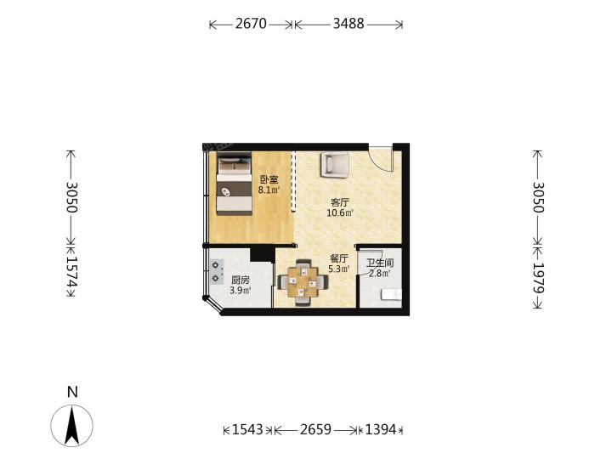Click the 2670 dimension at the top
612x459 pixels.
[x=251, y=24]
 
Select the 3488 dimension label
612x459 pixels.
[x=348, y=24]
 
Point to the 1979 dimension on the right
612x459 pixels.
[x=538, y=277]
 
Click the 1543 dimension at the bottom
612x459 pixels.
[x=247, y=430]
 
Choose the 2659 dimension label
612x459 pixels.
[x=315, y=430]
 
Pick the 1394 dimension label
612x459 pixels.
[x=381, y=430]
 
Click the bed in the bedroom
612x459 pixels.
[x=234, y=183]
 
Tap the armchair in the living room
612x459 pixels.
[x=335, y=165]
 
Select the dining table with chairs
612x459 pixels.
[x=303, y=282]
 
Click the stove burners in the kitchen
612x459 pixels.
[x=215, y=271]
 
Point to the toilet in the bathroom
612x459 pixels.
[x=391, y=294]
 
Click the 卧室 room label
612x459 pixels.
[x=269, y=180]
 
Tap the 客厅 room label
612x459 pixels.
[x=340, y=202]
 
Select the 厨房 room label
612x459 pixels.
[x=241, y=280]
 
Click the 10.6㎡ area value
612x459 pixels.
[x=340, y=213]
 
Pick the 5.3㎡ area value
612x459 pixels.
[x=339, y=269]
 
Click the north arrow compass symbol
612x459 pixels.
[x=71, y=426]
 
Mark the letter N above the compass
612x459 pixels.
[x=72, y=392]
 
